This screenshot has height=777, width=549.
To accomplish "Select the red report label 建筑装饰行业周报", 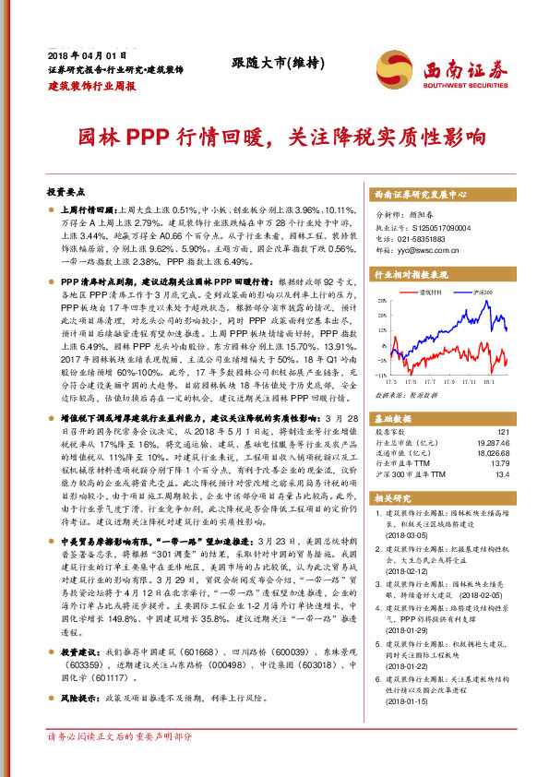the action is [x=91, y=85].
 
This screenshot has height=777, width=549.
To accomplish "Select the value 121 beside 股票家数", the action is [x=503, y=432].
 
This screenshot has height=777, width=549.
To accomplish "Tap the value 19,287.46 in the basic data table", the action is [x=491, y=443].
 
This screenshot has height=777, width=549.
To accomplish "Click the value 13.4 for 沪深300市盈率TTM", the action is [x=503, y=475].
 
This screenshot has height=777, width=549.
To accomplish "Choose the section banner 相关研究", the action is [x=393, y=498].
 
